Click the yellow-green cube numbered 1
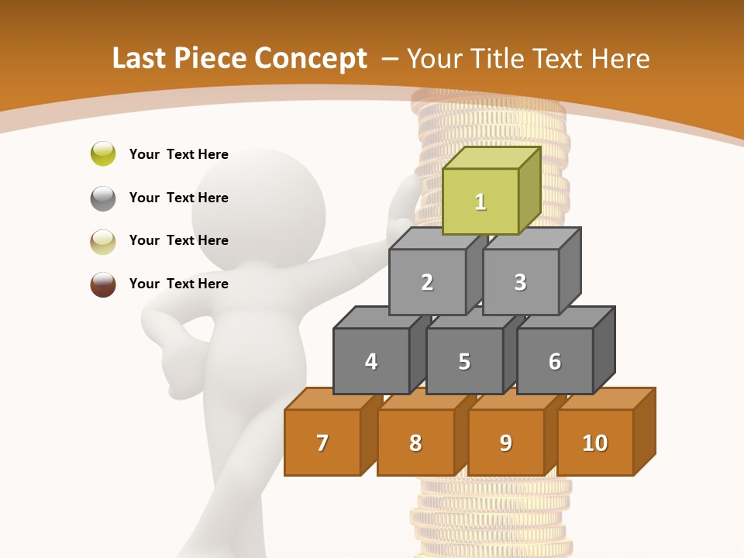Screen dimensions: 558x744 [480, 201]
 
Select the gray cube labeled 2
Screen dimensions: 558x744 [427, 282]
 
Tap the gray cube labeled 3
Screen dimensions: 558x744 [520, 282]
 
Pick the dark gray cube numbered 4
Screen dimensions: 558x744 [371, 361]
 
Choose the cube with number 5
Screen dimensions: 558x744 [464, 361]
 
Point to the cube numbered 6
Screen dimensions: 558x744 [555, 361]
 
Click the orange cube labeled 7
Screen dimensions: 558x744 [322, 443]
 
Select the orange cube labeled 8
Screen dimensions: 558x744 [415, 443]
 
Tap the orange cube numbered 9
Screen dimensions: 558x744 [506, 443]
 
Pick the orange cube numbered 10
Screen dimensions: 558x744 [595, 443]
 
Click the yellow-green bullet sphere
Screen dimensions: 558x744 [103, 153]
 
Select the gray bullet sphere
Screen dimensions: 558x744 [103, 198]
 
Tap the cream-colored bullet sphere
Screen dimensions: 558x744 [103, 241]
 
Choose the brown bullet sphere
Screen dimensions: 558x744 [103, 284]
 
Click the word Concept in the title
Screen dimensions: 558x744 [311, 59]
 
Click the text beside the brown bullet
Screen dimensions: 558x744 [179, 284]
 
